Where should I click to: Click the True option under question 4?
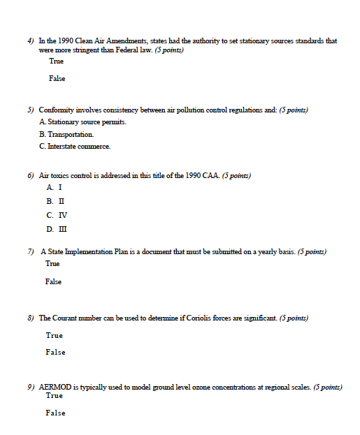click(56, 61)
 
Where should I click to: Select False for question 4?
click(57, 79)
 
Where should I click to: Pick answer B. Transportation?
click(66, 134)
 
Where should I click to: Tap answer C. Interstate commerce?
click(75, 146)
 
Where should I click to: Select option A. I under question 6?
click(55, 188)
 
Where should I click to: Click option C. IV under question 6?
click(57, 215)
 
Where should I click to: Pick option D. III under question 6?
click(57, 229)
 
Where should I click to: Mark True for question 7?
click(52, 264)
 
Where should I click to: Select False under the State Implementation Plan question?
click(53, 282)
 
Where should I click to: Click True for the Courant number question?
click(54, 336)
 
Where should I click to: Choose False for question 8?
click(55, 353)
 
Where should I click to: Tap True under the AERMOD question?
click(54, 396)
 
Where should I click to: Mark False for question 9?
click(55, 413)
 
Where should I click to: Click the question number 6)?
click(31, 176)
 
